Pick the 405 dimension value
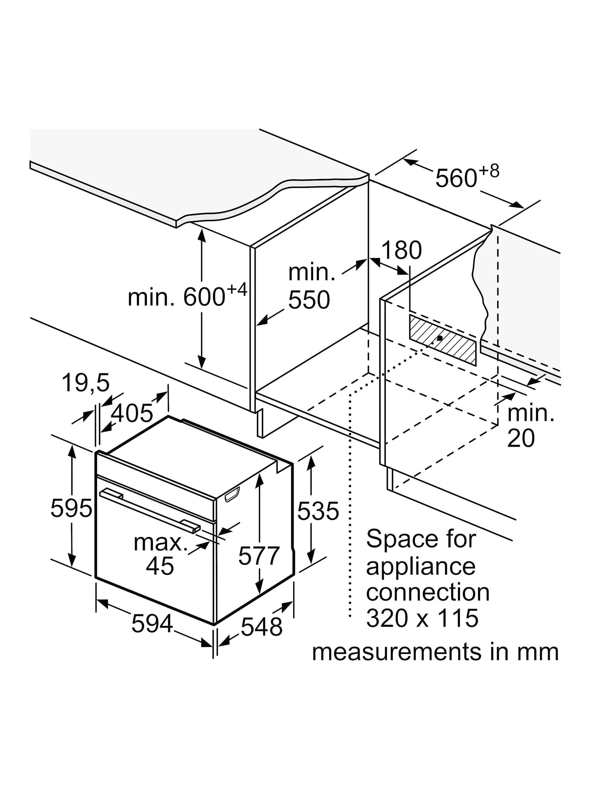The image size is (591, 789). (132, 414)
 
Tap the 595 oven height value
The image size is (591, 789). (71, 508)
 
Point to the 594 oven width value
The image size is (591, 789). (152, 624)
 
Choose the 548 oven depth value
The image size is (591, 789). (261, 627)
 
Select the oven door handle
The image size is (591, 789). (150, 512)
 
